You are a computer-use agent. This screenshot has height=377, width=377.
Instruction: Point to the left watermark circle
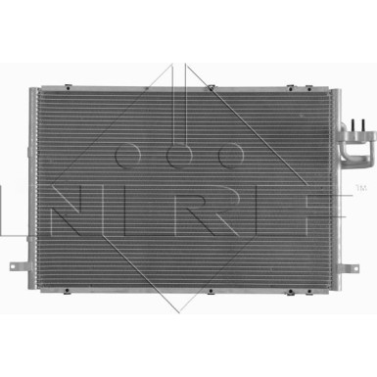tap(128, 155)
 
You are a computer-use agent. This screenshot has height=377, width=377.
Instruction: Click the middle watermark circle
tap(179, 155)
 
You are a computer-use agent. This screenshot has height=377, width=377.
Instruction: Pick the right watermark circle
tap(230, 155)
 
